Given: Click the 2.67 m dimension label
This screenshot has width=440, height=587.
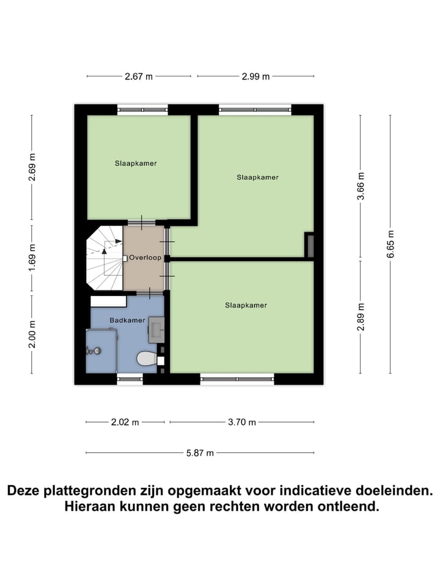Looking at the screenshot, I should [139, 76].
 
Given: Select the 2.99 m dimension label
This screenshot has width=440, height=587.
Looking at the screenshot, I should [255, 76].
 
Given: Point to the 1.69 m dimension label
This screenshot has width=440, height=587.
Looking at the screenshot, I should [32, 258].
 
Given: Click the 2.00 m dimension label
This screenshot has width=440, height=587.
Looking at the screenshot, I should [32, 334].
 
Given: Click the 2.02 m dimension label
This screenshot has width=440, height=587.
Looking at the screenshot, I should [125, 422].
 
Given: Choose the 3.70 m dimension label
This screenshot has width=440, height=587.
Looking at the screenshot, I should [242, 422].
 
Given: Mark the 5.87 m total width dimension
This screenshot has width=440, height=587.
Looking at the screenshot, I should [200, 453].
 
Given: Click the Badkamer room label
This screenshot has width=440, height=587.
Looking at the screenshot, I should [127, 320].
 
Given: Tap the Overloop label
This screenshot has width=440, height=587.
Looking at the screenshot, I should [145, 258].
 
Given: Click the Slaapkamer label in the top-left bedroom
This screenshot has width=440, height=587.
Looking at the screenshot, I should [136, 163].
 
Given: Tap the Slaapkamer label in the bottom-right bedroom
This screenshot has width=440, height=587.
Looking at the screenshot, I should [246, 305].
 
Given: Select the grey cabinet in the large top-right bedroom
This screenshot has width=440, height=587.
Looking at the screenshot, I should [309, 245].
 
